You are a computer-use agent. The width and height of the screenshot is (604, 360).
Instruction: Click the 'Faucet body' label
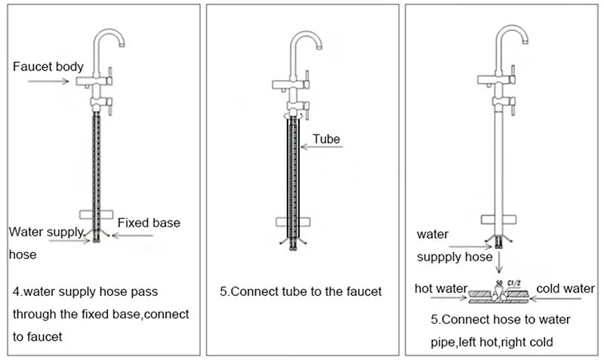pyautogui.click(x=48, y=67)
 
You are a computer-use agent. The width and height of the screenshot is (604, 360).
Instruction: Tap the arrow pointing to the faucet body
pyautogui.click(x=48, y=81)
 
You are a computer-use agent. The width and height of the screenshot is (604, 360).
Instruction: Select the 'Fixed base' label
pyautogui.click(x=149, y=223)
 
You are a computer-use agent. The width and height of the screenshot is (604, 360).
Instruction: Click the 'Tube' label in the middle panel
pyautogui.click(x=326, y=139)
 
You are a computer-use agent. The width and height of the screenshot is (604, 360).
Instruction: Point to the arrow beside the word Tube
pyautogui.click(x=322, y=146)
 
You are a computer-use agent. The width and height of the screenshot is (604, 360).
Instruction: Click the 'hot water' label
pyautogui.click(x=441, y=288)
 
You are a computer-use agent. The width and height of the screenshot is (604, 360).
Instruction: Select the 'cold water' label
pyautogui.click(x=565, y=288)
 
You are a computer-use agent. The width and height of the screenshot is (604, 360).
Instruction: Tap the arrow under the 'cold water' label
pyautogui.click(x=556, y=298)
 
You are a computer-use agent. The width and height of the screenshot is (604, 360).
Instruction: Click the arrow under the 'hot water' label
pyautogui.click(x=448, y=297)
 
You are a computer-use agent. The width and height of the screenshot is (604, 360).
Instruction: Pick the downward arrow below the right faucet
pyautogui.click(x=499, y=262)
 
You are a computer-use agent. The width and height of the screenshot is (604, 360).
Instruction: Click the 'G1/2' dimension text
pyautogui.click(x=514, y=283)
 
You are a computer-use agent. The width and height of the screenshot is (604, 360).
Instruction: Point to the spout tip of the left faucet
pyautogui.click(x=122, y=45)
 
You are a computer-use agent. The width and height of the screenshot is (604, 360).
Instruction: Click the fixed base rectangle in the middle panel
pyautogui.click(x=293, y=222)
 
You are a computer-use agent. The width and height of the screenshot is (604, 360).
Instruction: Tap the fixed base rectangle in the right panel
pyautogui.click(x=498, y=220)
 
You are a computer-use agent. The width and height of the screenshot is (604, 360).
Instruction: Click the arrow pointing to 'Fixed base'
pyautogui.click(x=132, y=235)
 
